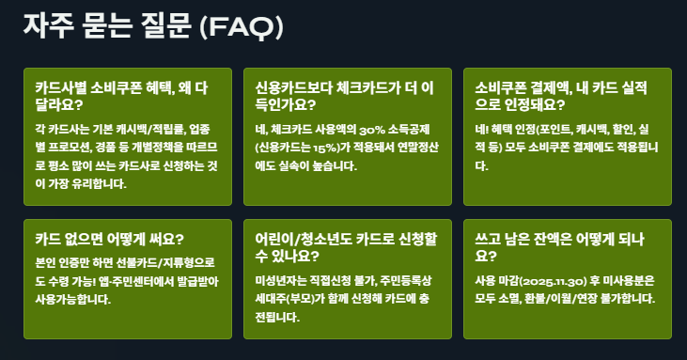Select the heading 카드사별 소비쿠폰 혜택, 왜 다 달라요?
128,94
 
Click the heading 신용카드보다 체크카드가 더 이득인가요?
344,94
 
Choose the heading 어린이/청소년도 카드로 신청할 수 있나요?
342,246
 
